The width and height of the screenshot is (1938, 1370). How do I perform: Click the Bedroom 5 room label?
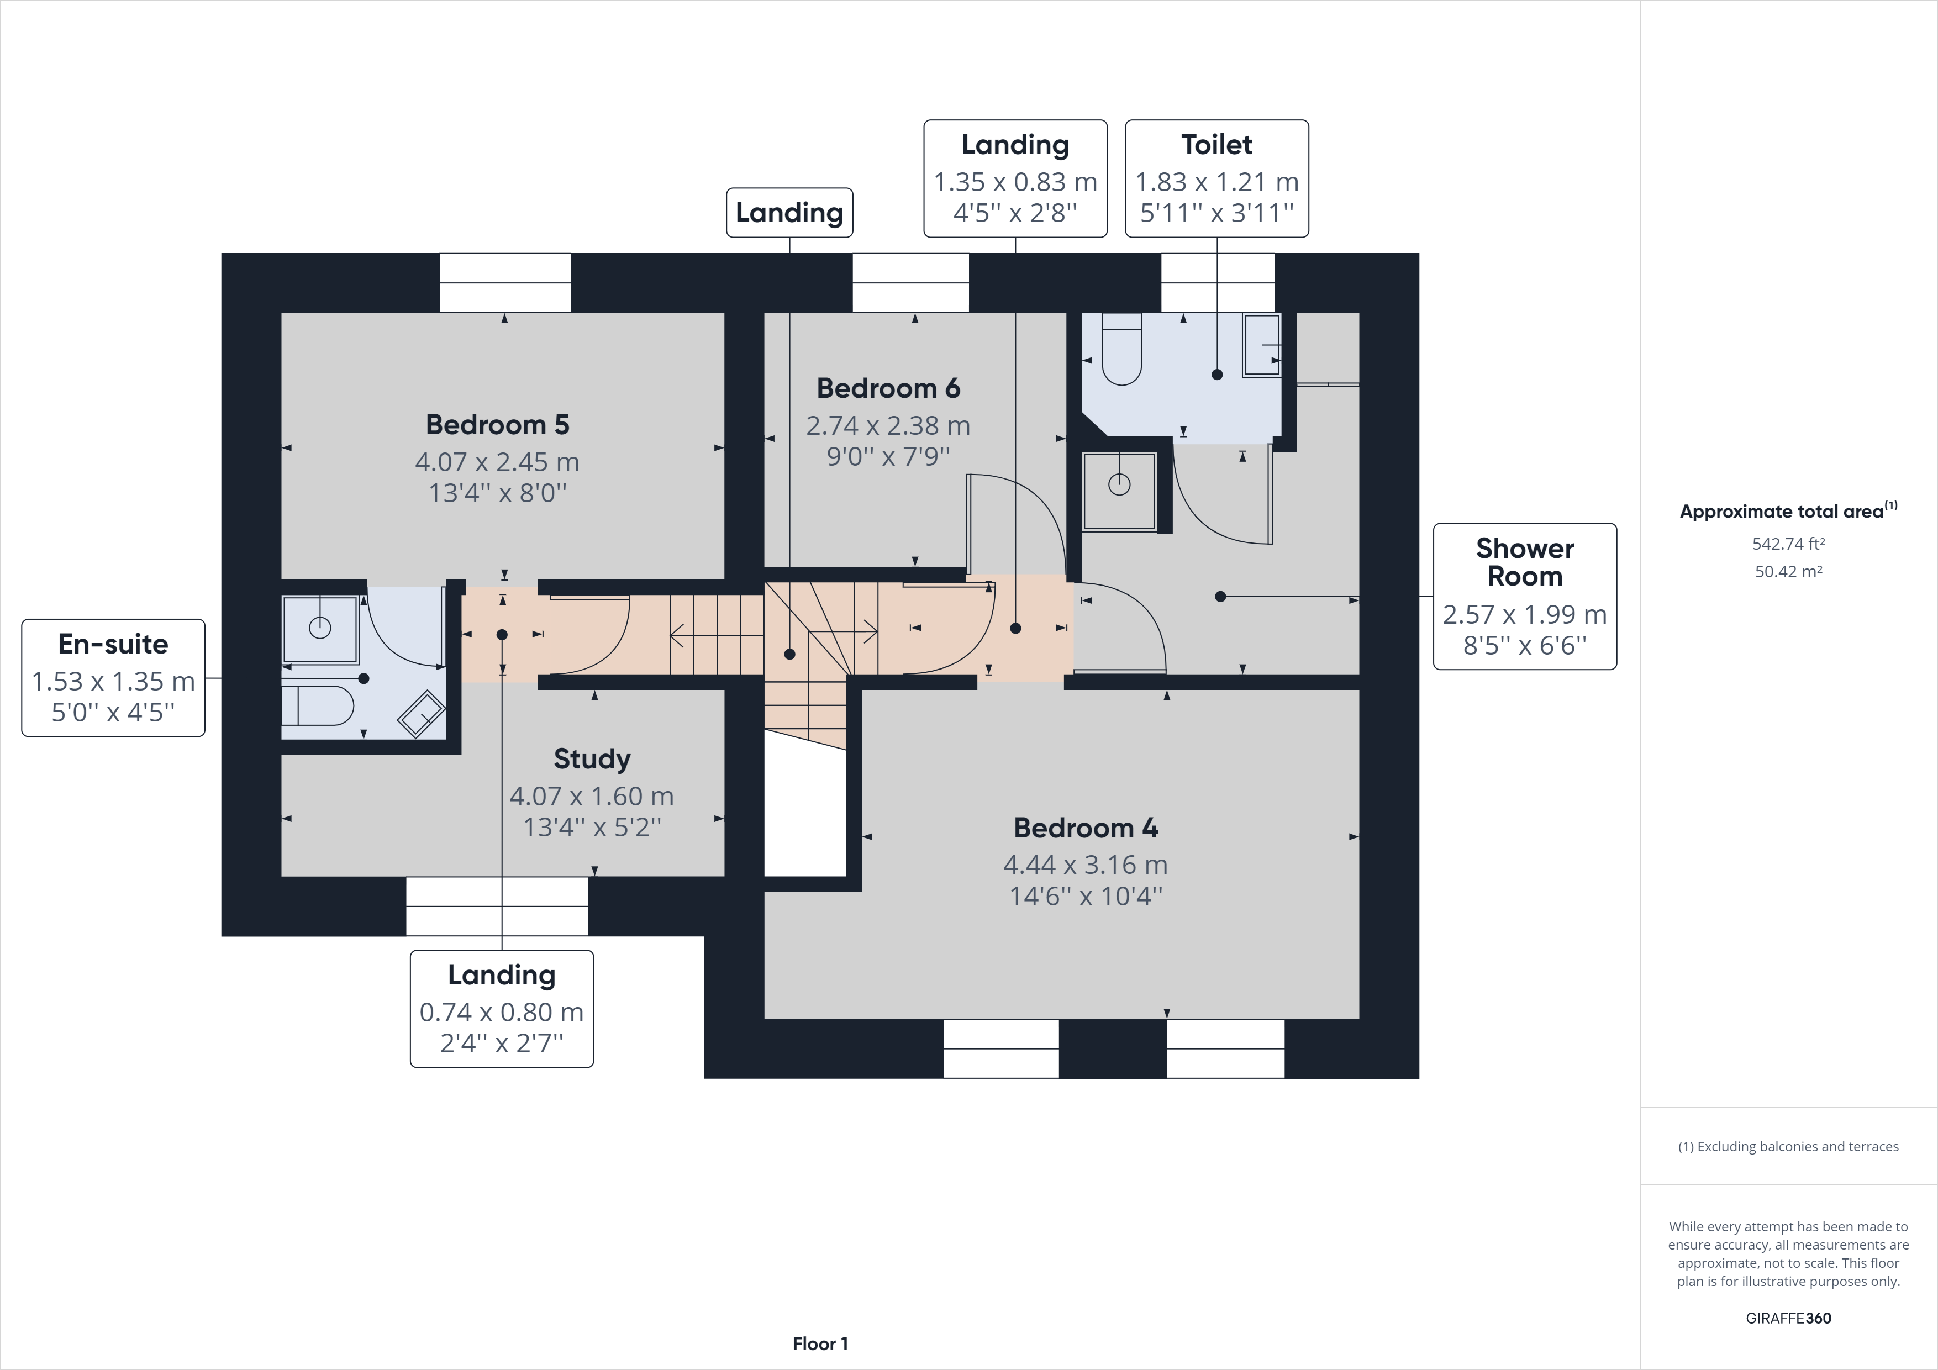click(x=497, y=425)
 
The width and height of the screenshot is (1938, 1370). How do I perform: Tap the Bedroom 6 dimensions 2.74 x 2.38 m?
click(x=888, y=425)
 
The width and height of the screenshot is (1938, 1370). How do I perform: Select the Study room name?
click(x=592, y=759)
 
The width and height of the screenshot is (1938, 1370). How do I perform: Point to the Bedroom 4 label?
click(x=1086, y=828)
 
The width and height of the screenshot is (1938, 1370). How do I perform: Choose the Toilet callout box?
click(x=1216, y=178)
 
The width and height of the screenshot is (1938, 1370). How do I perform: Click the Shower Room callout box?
click(x=1524, y=596)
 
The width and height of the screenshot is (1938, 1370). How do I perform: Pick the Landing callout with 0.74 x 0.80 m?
click(x=502, y=1009)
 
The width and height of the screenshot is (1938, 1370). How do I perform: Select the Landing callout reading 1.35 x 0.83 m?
click(x=1015, y=178)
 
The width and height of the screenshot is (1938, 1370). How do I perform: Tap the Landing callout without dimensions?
click(x=789, y=213)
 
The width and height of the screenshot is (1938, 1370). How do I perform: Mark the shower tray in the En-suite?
click(x=320, y=629)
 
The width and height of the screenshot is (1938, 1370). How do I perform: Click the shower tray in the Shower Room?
click(x=1119, y=491)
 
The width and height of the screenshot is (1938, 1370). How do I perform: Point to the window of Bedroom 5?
click(x=505, y=283)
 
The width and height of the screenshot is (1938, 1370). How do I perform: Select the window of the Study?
click(x=496, y=906)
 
